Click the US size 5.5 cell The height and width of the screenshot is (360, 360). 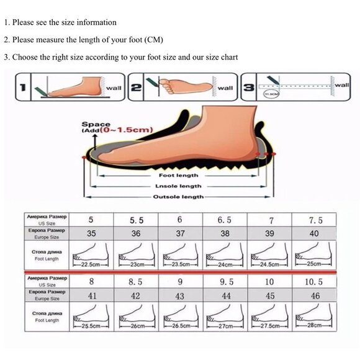(137, 220)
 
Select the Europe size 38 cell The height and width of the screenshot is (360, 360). (225, 234)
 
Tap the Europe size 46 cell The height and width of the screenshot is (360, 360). (315, 296)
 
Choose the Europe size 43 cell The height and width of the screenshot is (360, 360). (180, 296)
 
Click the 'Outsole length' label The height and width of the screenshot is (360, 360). (178, 196)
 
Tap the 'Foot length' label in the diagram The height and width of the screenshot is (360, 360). (178, 175)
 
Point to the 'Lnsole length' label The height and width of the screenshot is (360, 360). (178, 186)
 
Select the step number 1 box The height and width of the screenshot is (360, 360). (22, 88)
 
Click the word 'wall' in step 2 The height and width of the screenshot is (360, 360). (225, 88)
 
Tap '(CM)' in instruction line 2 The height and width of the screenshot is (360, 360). (153, 40)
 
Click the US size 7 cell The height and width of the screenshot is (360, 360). (271, 220)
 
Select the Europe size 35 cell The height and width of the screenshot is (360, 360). (91, 234)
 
